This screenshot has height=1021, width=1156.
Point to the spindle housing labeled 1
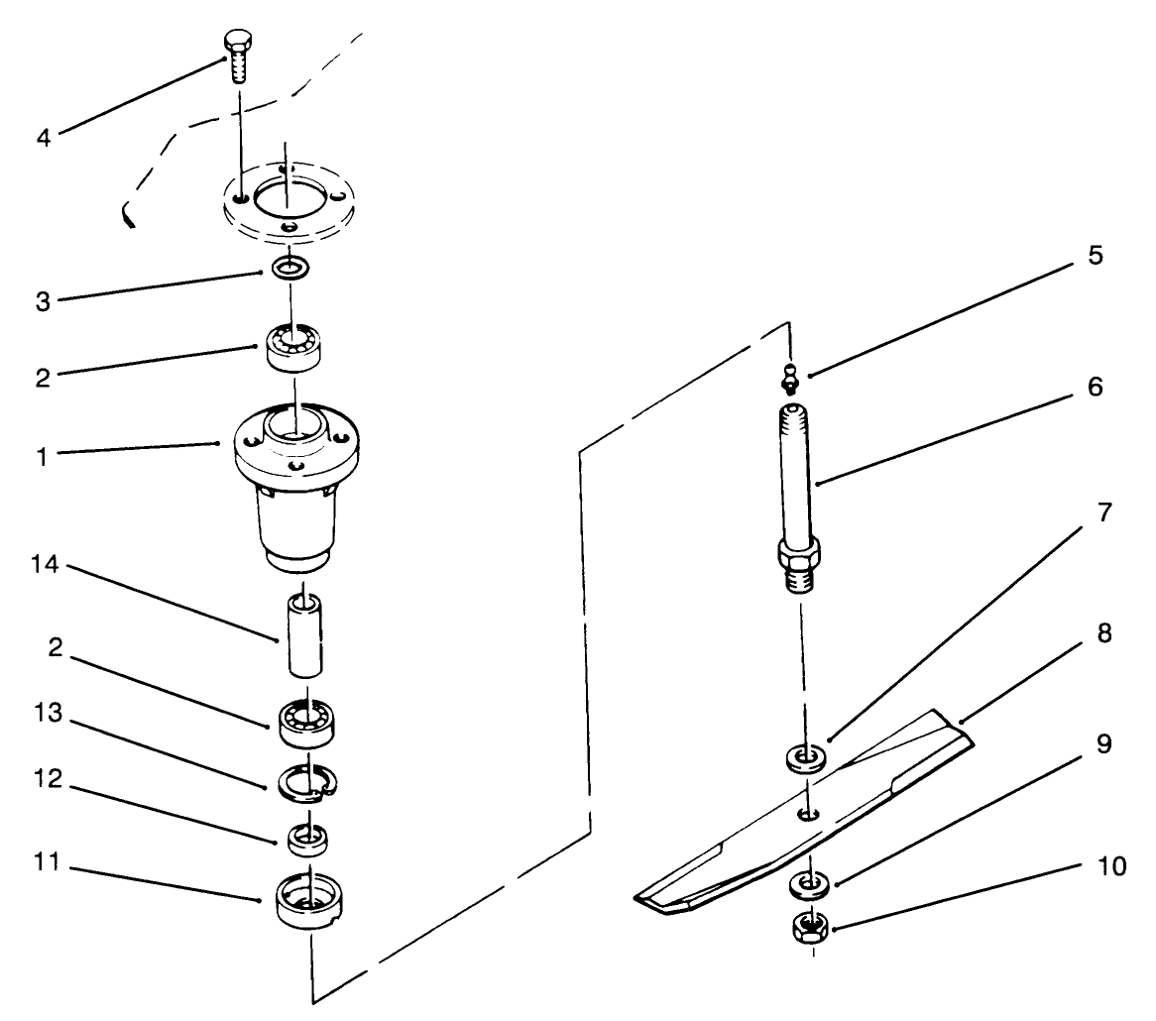[294, 486]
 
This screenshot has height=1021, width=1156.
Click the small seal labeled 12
[307, 839]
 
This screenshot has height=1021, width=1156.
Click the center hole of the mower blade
[808, 814]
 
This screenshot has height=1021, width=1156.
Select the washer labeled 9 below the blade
[809, 881]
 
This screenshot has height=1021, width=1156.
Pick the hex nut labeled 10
[811, 928]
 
